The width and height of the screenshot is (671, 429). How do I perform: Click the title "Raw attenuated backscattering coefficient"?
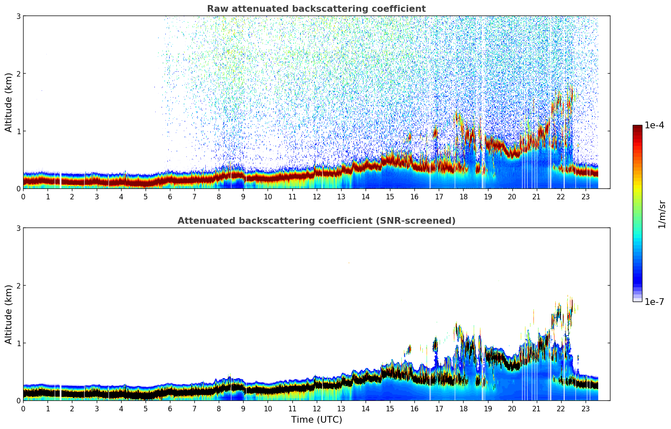tap(316, 9)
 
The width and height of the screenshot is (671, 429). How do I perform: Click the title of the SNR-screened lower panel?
tap(316, 221)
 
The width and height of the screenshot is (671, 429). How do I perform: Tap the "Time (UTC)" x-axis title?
tap(316, 420)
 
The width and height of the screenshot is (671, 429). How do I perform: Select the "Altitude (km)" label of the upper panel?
tap(9, 102)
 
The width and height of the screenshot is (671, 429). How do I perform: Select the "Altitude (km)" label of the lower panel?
tap(9, 314)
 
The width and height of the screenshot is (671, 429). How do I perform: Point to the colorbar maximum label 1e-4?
tap(654, 125)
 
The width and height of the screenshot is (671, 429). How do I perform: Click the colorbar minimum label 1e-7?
tap(654, 302)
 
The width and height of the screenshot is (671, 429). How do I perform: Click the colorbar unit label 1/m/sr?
tap(662, 214)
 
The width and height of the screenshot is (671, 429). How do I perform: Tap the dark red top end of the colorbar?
tap(637, 127)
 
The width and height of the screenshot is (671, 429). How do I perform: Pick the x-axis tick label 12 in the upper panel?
tap(317, 196)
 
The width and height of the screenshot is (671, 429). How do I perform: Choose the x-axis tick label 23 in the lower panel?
tap(586, 408)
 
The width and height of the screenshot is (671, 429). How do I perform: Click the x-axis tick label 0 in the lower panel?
tap(23, 408)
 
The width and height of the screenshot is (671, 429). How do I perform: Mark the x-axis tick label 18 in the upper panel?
tap(463, 196)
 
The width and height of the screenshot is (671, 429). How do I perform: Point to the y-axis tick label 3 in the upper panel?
tap(19, 16)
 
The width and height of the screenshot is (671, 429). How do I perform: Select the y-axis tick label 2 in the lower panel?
tap(19, 286)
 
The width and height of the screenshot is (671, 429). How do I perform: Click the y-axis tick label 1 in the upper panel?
tap(19, 131)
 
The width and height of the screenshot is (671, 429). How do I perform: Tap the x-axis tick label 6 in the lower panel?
tap(170, 408)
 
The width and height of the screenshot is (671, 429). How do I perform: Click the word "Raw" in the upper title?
tap(216, 9)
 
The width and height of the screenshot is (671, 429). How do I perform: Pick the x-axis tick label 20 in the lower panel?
tap(512, 408)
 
